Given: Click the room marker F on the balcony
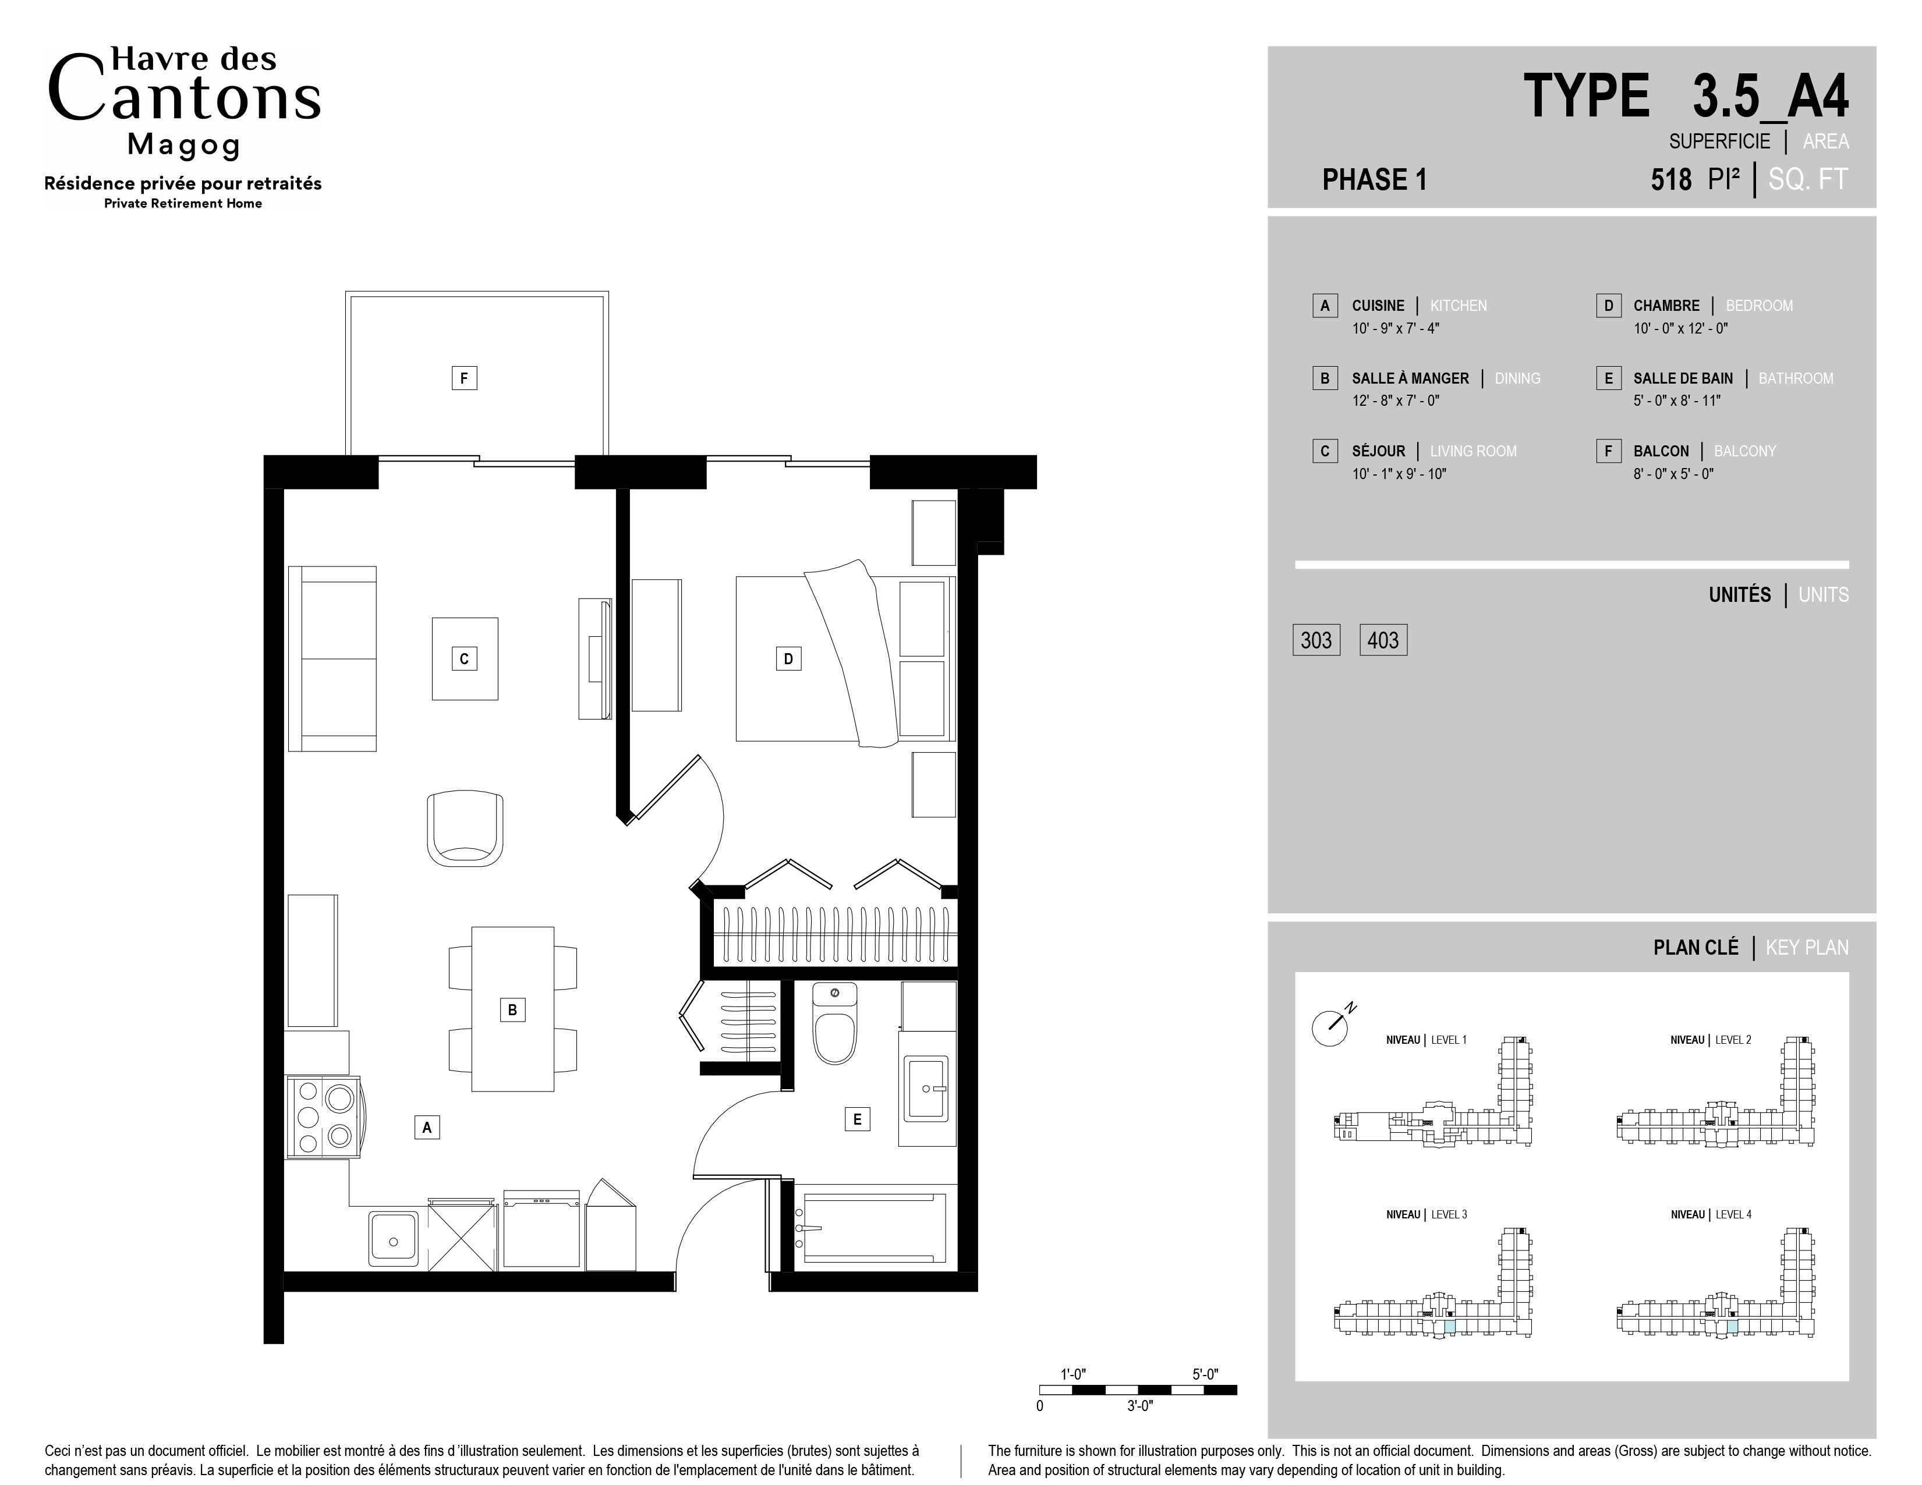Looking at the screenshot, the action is (464, 378).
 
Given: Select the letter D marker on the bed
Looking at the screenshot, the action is (788, 658).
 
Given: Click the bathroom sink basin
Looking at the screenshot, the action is (927, 1089).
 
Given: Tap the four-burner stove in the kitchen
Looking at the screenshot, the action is (323, 1117).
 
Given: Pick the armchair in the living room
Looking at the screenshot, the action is (465, 829).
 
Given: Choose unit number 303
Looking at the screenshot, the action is (1316, 640).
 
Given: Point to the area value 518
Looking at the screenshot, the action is (1670, 179).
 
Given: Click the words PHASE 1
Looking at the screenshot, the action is (1374, 179).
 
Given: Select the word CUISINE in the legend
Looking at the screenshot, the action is (1378, 305).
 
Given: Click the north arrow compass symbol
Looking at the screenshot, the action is (1332, 1025).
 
